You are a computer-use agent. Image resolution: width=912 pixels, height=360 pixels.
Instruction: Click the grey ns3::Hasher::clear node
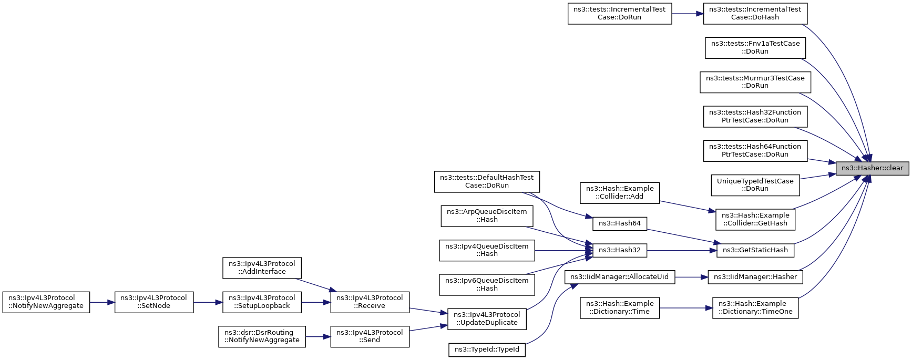tap(872, 168)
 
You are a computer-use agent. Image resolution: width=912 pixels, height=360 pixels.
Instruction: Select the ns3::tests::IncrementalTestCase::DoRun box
tap(619, 13)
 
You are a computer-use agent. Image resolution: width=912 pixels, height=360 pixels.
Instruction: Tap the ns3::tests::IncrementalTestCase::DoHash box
tap(755, 13)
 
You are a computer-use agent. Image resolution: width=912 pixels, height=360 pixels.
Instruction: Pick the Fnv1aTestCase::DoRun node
tap(755, 47)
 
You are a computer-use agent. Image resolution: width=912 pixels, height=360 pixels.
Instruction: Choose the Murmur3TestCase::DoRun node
tap(755, 82)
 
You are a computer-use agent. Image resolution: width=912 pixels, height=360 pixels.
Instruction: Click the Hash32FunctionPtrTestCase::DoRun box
tap(755, 116)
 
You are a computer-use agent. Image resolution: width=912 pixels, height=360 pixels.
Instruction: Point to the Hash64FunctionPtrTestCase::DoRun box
tap(755, 150)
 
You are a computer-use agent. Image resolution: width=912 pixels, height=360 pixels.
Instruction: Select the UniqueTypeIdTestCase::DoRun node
tap(755, 185)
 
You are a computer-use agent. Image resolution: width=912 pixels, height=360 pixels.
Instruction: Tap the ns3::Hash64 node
tap(619, 223)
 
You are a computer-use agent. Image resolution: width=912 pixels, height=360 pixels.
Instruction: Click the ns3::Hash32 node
tap(619, 250)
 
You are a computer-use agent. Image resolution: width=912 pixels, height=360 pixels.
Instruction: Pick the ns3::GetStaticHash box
tap(755, 250)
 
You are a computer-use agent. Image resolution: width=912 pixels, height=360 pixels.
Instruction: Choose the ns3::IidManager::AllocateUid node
tap(619, 277)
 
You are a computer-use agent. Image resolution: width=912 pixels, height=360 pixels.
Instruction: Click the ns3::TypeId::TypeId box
tap(487, 349)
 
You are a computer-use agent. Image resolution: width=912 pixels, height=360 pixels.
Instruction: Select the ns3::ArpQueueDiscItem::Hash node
tap(487, 215)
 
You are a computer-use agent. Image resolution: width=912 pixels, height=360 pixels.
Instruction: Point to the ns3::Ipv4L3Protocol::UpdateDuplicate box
tap(487, 318)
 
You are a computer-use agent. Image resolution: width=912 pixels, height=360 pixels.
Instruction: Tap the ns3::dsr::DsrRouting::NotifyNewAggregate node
tap(262, 336)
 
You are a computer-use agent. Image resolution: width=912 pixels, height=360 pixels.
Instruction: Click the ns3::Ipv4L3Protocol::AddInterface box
tap(262, 268)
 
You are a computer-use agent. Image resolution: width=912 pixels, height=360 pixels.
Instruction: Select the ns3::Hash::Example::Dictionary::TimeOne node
tap(755, 307)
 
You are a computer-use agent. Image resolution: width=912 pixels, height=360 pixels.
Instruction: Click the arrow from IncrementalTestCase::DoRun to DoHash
tap(687, 14)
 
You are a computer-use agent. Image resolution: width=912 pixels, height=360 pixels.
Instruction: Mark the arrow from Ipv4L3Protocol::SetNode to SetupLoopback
tap(208, 302)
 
